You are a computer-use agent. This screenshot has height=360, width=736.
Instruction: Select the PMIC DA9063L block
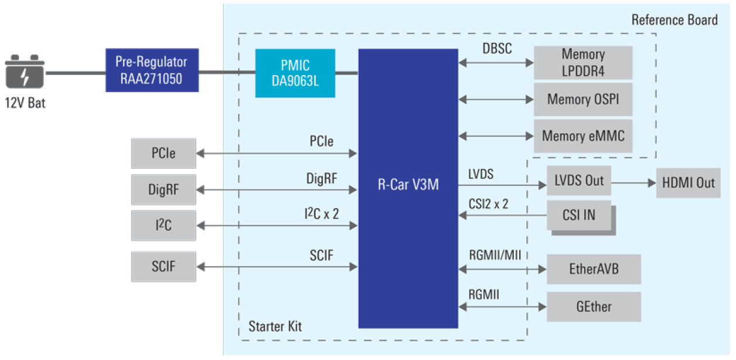tap(295, 73)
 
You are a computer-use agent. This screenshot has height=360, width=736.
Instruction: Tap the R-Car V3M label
tap(408, 186)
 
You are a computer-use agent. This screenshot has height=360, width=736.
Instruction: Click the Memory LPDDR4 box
tap(583, 63)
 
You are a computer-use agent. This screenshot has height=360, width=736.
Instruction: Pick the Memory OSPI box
tap(583, 99)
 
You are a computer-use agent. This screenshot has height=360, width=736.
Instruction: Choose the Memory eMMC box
tap(583, 136)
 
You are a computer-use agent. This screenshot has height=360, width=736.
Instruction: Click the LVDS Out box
tap(578, 181)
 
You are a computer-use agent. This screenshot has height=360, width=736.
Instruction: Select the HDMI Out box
tap(688, 182)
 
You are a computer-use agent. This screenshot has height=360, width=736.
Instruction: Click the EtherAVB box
tap(594, 270)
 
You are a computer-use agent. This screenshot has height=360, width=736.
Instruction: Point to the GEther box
tap(594, 307)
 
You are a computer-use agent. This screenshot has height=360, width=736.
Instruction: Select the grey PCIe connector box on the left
tap(163, 154)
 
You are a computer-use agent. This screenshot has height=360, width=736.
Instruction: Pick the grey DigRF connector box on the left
tap(163, 189)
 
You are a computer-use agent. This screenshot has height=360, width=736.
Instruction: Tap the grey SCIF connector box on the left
tap(163, 267)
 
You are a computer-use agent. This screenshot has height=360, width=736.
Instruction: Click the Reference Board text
tap(674, 20)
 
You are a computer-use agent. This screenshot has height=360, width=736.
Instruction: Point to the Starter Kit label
tap(275, 326)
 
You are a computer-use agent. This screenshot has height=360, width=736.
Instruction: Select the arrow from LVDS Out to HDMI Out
tap(633, 182)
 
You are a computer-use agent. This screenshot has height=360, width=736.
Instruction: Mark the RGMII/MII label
tap(495, 255)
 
